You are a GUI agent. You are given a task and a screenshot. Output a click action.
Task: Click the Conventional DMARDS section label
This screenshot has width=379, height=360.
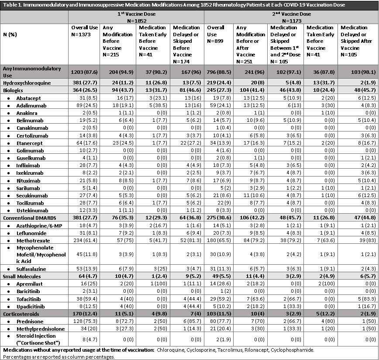click(x=24, y=217)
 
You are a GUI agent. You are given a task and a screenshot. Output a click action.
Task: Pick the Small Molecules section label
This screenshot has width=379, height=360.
click(x=20, y=276)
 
